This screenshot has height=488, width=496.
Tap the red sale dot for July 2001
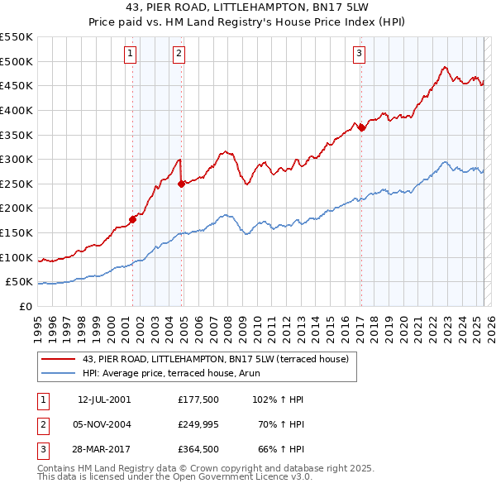132,219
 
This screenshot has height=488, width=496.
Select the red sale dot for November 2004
181,184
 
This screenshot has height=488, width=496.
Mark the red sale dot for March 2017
361,127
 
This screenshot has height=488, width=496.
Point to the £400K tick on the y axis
19,110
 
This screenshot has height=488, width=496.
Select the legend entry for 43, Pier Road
216,359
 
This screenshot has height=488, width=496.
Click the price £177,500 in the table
197,399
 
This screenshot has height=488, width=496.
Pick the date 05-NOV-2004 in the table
103,424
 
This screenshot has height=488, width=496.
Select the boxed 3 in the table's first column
42,450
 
